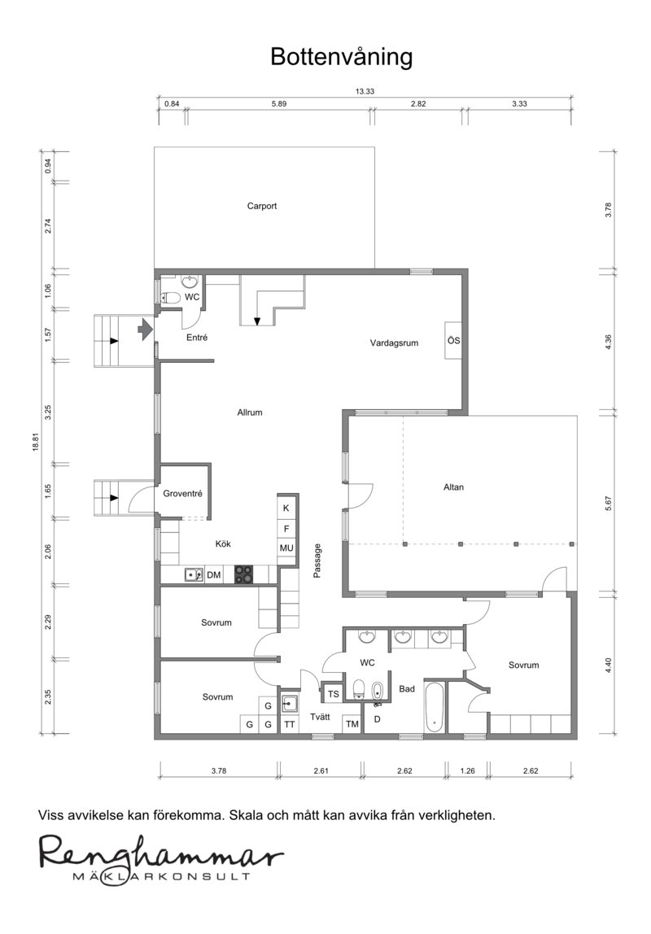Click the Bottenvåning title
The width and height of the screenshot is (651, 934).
tap(341, 58)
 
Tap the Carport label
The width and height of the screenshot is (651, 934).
tap(262, 206)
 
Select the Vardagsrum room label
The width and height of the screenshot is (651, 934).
tap(394, 343)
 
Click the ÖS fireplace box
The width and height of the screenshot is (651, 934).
tap(453, 341)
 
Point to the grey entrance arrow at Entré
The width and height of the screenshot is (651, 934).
tap(145, 329)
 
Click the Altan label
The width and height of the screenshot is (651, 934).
tap(453, 487)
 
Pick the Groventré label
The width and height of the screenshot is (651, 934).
tap(183, 494)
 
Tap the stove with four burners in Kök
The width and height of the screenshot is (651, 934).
tap(243, 574)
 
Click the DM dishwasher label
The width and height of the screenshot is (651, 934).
tap(214, 575)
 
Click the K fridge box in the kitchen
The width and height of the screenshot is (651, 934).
tap(286, 508)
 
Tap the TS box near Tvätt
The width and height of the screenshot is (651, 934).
tap(333, 694)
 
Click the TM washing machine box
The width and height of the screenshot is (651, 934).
tap(352, 724)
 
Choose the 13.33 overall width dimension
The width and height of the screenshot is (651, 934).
tap(365, 92)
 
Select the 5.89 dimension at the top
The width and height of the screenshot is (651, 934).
tap(279, 103)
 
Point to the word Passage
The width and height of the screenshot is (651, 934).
tap(317, 561)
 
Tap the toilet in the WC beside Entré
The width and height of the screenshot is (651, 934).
tap(172, 297)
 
